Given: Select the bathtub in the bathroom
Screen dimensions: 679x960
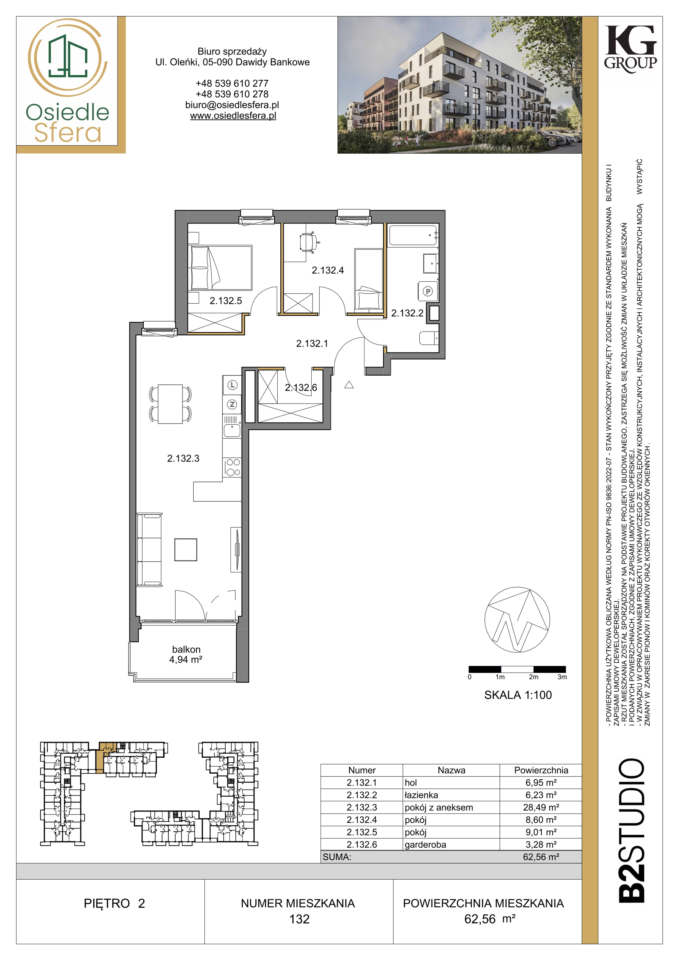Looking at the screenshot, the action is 413,235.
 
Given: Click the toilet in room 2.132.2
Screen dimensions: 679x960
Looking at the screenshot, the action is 429,338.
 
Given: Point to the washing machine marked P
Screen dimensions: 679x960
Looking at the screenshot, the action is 427,291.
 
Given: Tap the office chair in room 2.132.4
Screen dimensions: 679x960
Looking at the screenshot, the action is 309,242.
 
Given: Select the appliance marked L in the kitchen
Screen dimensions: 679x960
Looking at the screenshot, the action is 233,385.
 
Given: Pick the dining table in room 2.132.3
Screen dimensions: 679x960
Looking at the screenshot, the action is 170,404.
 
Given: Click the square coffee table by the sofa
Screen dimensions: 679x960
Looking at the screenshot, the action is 186,549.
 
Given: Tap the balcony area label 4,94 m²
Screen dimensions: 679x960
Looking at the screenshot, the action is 186,660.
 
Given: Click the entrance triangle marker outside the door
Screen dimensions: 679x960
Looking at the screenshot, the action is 349,385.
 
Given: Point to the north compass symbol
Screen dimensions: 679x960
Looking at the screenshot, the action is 517,620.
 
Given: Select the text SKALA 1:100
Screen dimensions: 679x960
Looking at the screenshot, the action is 518,695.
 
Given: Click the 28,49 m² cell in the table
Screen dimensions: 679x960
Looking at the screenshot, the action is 541,807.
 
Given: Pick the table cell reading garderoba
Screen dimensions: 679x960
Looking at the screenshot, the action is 425,844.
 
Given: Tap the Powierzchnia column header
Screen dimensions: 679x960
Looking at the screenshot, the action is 541,770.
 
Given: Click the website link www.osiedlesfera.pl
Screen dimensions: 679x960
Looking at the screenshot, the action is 233,116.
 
